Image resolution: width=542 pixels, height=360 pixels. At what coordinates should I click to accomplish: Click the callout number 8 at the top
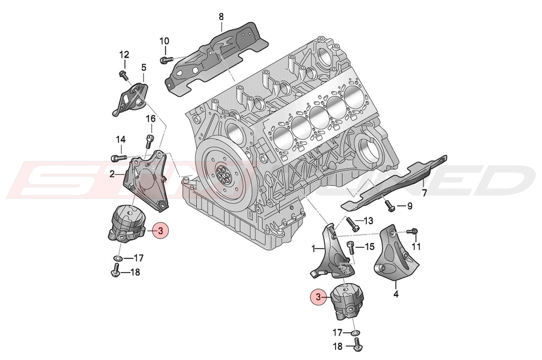(x=221, y=16)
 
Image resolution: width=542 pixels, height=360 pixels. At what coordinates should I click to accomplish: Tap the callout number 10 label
(x=164, y=41)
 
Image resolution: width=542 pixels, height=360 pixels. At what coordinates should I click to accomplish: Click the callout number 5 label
(x=143, y=67)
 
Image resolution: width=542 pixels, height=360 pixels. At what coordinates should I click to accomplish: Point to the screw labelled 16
(x=149, y=141)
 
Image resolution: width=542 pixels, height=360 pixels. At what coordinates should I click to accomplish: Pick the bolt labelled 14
(x=118, y=157)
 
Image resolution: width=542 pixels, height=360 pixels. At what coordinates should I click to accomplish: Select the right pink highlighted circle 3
(x=319, y=298)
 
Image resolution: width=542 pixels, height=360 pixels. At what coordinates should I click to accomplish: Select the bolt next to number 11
(x=414, y=231)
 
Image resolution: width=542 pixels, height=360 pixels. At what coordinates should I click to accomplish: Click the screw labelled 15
(x=349, y=246)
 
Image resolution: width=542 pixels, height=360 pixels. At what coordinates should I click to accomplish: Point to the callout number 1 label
(x=314, y=248)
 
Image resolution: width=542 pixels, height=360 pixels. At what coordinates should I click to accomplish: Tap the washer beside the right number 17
(x=355, y=334)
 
